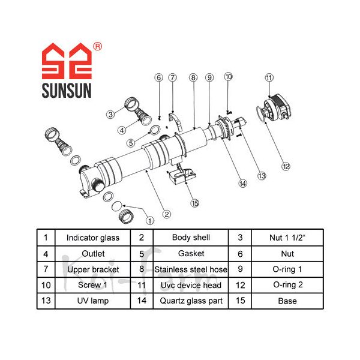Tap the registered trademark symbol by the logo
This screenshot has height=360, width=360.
[98, 46]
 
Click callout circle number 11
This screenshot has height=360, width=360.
[269, 77]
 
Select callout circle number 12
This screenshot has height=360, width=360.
[286, 166]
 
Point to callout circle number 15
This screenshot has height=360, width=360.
[194, 203]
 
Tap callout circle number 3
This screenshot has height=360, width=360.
[110, 114]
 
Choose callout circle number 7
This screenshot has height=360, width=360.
[172, 77]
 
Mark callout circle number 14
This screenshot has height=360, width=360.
[243, 184]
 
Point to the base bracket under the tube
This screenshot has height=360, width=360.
[182, 178]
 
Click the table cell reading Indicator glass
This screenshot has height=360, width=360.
[92, 238]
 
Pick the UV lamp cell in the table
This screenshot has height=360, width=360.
[92, 301]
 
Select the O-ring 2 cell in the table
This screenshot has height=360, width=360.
[287, 285]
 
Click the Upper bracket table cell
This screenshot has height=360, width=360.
[92, 269]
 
